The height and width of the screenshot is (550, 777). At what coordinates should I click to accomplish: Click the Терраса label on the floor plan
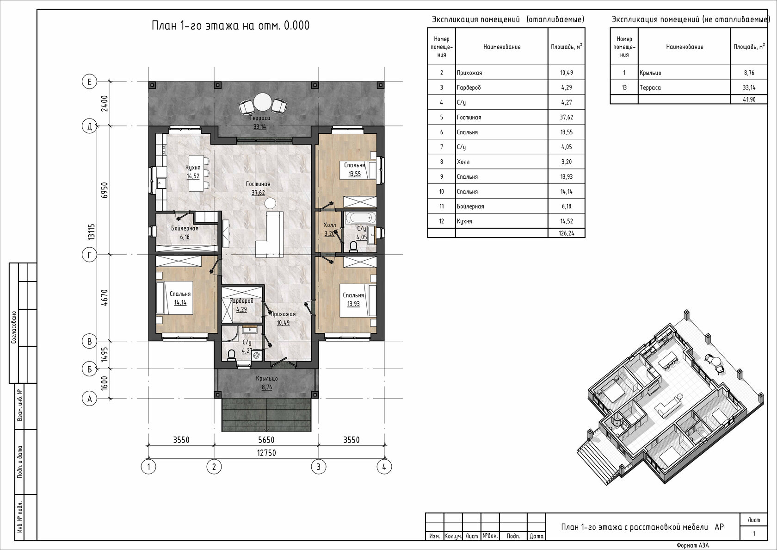click(260, 118)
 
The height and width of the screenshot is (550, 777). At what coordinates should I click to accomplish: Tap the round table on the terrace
click(262, 102)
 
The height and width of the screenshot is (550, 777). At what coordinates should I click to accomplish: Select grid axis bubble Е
click(90, 82)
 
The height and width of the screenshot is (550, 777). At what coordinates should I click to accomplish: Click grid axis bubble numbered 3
click(318, 467)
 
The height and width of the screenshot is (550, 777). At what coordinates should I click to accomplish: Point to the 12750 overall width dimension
click(266, 453)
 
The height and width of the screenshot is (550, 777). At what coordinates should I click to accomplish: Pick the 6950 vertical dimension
click(105, 190)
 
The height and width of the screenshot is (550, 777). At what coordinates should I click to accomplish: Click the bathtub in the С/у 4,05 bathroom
click(361, 218)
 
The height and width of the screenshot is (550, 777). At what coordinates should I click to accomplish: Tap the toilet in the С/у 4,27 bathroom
click(231, 355)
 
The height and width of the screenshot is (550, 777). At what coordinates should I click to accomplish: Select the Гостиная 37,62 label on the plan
click(258, 188)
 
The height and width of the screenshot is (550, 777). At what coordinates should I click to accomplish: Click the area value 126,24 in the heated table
click(567, 233)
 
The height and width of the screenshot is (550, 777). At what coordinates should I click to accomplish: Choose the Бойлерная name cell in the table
click(470, 206)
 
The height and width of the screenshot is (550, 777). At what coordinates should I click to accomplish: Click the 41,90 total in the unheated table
click(749, 100)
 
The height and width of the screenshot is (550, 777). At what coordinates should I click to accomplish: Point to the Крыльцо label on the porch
click(267, 379)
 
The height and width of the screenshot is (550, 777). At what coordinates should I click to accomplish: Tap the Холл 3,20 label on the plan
click(329, 229)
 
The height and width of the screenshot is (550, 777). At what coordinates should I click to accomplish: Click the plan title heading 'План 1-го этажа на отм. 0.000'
click(231, 25)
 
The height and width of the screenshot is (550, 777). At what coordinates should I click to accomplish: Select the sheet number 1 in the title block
click(754, 533)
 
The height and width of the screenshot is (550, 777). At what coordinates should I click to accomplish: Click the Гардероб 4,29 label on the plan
click(241, 305)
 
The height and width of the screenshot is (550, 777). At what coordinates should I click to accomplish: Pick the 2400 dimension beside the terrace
click(105, 104)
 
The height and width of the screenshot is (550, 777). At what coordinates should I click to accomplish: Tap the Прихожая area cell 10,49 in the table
click(567, 73)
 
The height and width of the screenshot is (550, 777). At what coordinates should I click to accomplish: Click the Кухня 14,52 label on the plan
click(193, 172)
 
